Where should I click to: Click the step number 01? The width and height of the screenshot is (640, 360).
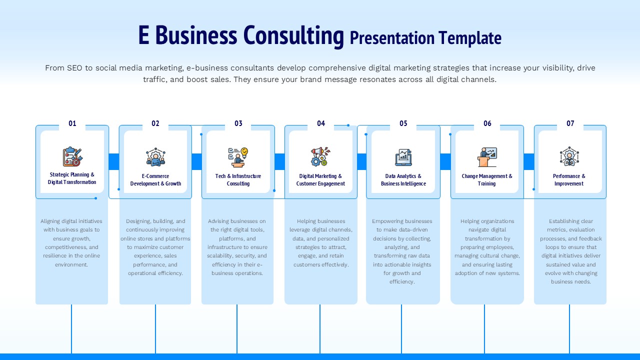pyautogui.click(x=72, y=123)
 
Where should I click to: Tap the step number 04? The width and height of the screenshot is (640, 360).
pyautogui.click(x=321, y=123)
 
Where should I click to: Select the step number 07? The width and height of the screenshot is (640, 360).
pyautogui.click(x=570, y=123)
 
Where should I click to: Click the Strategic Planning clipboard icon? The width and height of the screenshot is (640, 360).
pyautogui.click(x=72, y=156)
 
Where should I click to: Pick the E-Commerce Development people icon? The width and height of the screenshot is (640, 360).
pyautogui.click(x=155, y=157)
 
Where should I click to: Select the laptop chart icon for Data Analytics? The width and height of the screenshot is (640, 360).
pyautogui.click(x=403, y=157)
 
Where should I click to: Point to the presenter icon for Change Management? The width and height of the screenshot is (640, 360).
pyautogui.click(x=487, y=157)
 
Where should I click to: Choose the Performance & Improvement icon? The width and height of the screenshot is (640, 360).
pyautogui.click(x=569, y=157)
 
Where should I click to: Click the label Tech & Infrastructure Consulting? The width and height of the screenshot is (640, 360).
pyautogui.click(x=238, y=180)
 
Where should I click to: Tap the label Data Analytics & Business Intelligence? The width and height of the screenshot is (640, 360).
pyautogui.click(x=403, y=180)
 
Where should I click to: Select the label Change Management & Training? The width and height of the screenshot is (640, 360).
pyautogui.click(x=487, y=180)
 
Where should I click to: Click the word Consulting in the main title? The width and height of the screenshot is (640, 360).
pyautogui.click(x=293, y=35)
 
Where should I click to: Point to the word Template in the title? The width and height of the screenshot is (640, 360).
pyautogui.click(x=470, y=38)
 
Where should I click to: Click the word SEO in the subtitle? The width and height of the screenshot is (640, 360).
pyautogui.click(x=74, y=68)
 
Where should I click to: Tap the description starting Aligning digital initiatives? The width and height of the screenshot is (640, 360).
pyautogui.click(x=71, y=242)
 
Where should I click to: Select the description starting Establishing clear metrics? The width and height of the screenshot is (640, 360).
pyautogui.click(x=570, y=251)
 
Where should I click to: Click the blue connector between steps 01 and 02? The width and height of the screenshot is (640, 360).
pyautogui.click(x=113, y=161)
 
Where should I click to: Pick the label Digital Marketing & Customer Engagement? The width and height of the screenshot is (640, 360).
pyautogui.click(x=320, y=180)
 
